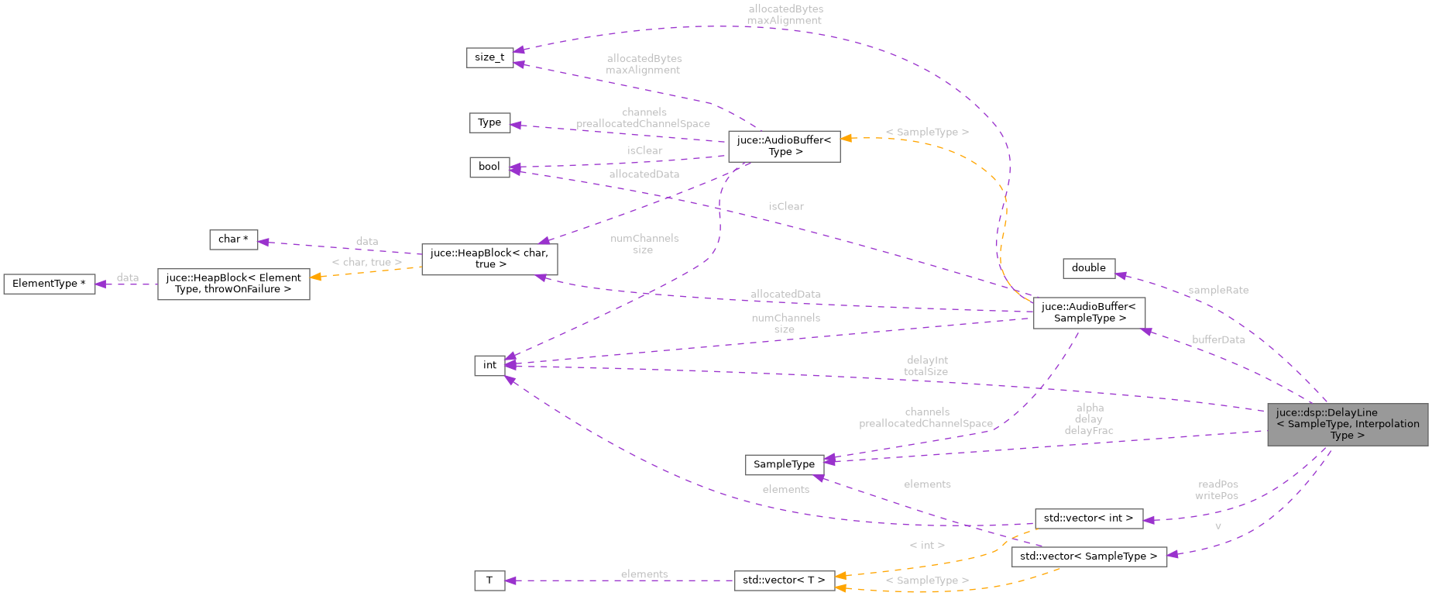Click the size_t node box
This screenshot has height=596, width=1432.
[489, 57]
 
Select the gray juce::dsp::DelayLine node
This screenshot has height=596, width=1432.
[1347, 424]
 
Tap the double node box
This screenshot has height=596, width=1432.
[1088, 268]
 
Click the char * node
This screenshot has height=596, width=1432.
[233, 239]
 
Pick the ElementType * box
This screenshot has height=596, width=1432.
[49, 284]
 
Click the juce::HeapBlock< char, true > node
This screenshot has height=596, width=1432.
[489, 259]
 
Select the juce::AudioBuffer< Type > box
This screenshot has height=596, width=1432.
[784, 146]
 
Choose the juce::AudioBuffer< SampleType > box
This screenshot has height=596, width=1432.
[1088, 312]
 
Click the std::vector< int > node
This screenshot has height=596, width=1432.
[1088, 518]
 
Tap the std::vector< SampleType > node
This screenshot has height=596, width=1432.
[1088, 556]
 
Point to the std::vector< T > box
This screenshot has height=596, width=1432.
[784, 580]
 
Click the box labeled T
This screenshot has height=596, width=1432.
[489, 580]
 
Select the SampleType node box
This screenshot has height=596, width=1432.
[784, 464]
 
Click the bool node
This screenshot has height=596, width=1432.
[489, 167]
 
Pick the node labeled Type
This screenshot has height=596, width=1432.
[489, 122]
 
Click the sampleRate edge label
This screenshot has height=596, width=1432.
[1218, 290]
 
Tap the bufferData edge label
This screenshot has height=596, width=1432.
[1218, 339]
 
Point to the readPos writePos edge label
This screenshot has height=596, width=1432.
[1217, 490]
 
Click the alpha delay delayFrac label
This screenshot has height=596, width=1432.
[1089, 419]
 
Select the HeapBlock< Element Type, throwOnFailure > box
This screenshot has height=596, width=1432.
[233, 284]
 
